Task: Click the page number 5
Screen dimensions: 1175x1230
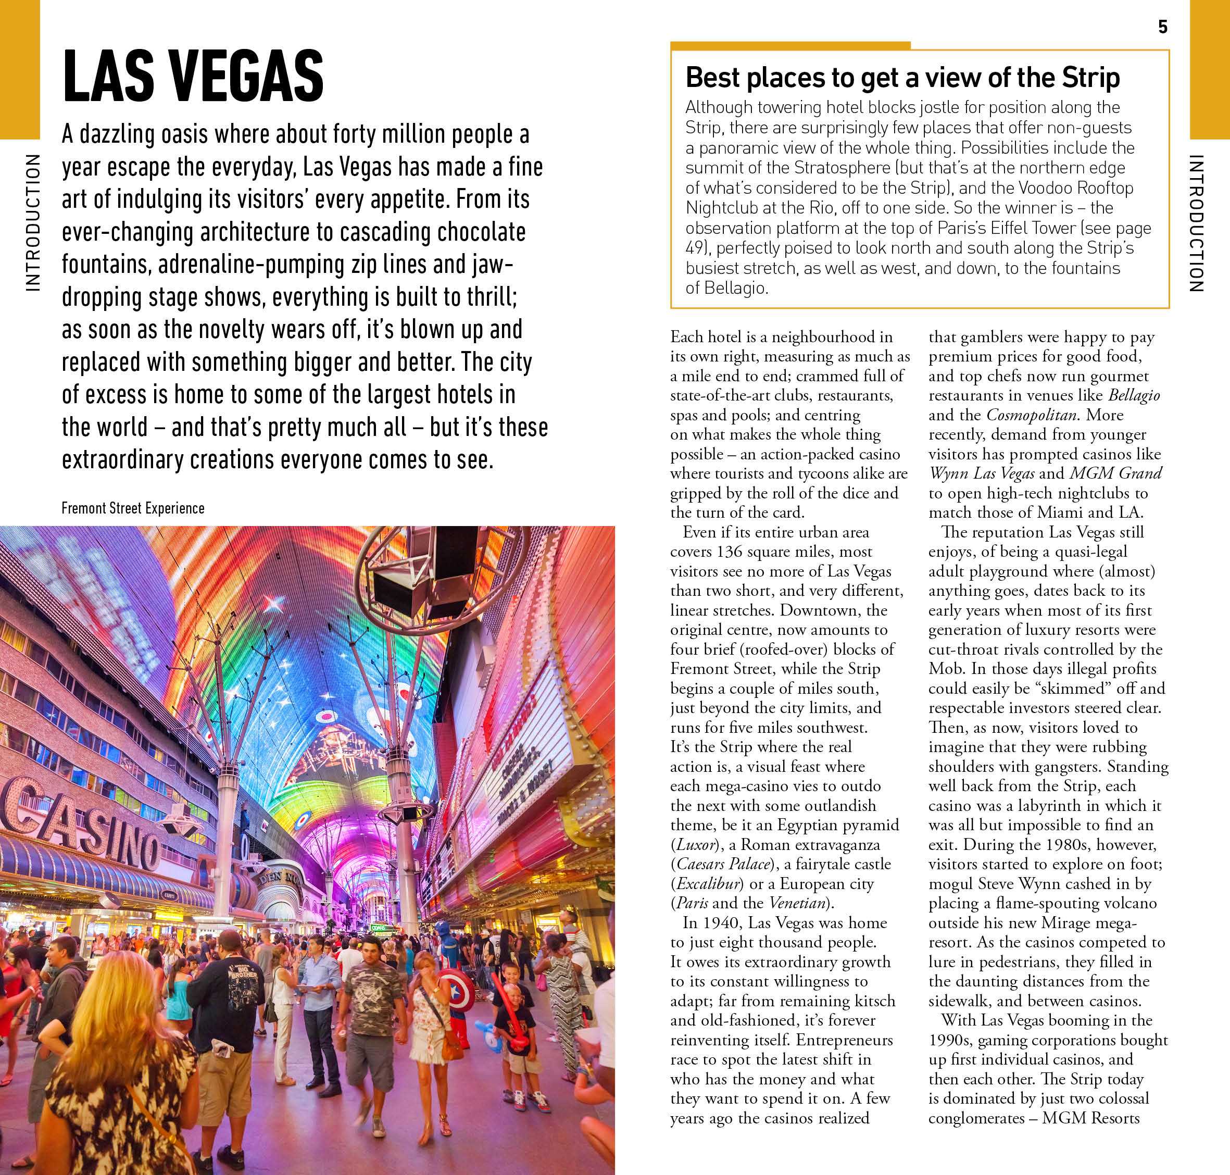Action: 1162,27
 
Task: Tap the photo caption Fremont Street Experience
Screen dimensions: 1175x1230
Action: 133,508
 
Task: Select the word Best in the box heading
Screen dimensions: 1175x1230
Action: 711,78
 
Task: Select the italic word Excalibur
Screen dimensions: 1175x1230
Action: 708,884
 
